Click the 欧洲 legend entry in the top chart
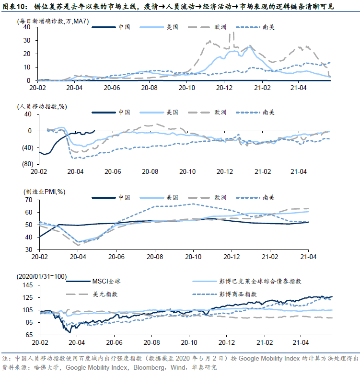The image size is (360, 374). (x=207, y=27)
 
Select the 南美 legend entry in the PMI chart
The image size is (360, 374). (x=255, y=197)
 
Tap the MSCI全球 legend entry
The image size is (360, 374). (x=93, y=281)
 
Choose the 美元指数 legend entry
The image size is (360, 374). (x=92, y=294)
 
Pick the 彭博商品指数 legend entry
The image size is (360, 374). (x=225, y=294)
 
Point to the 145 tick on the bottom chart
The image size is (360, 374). (x=28, y=285)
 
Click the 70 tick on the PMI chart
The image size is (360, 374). (x=29, y=200)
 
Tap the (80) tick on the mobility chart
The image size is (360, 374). (x=28, y=164)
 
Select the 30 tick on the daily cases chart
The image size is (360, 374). (x=27, y=41)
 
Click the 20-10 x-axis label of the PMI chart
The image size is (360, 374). (x=193, y=257)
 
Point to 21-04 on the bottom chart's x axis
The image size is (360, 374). (x=301, y=342)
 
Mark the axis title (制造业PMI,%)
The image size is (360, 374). (x=45, y=192)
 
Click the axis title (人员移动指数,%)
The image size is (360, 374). (x=42, y=106)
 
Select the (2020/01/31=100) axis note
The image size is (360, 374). (x=42, y=276)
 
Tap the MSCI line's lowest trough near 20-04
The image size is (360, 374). (x=70, y=332)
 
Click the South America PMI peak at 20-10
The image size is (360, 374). (x=193, y=204)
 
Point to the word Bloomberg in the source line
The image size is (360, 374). (x=149, y=368)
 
